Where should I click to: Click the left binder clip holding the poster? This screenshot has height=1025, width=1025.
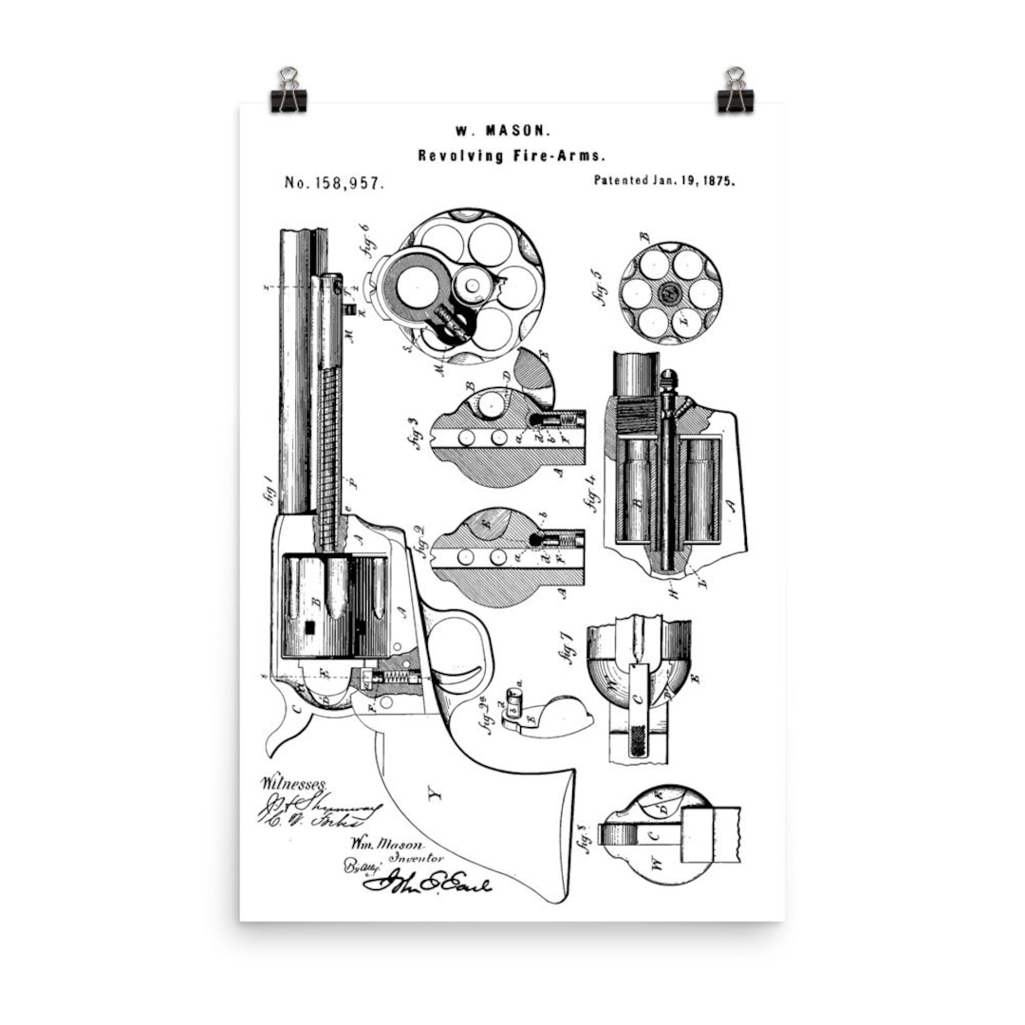point(288,91)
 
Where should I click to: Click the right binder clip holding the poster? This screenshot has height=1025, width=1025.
point(735,91)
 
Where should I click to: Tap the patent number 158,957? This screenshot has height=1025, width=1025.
point(334,182)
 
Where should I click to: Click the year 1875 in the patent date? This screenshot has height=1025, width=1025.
point(717,179)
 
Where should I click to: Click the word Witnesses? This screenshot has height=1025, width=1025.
point(291,785)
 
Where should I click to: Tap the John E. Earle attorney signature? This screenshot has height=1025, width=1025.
point(427,885)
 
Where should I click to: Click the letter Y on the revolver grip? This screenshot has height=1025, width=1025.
point(434,795)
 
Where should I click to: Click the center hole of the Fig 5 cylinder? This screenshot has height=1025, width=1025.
point(669,293)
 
